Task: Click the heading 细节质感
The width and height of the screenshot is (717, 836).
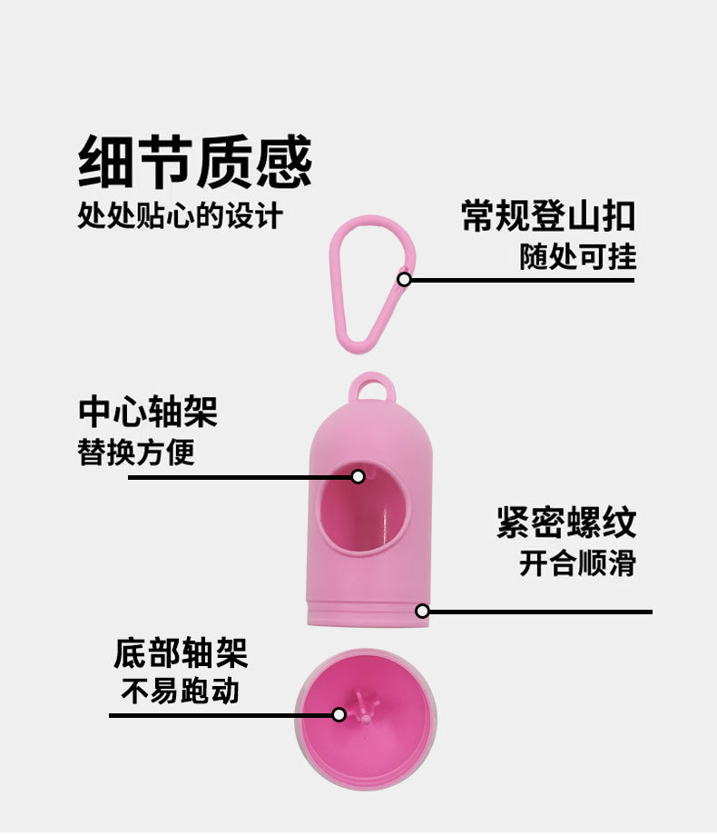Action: (195, 164)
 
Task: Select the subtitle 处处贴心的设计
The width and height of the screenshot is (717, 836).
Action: (181, 216)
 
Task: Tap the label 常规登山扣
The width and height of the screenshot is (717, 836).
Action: (547, 217)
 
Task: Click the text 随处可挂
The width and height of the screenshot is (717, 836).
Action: (577, 257)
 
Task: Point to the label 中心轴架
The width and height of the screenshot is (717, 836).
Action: (148, 412)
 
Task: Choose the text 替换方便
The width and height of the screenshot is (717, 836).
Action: (136, 452)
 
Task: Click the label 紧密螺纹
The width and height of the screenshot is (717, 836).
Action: (565, 522)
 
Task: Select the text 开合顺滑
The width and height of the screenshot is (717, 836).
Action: (577, 563)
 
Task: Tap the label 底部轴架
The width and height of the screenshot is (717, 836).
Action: (180, 652)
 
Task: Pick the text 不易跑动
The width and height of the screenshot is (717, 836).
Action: (180, 692)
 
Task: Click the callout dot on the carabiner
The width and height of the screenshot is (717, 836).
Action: (405, 279)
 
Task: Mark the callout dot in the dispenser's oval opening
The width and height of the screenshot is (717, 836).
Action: (358, 476)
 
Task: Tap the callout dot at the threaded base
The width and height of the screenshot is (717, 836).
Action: (422, 611)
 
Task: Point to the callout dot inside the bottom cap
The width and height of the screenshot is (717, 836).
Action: (339, 715)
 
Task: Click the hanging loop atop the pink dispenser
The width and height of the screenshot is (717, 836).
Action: (373, 388)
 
